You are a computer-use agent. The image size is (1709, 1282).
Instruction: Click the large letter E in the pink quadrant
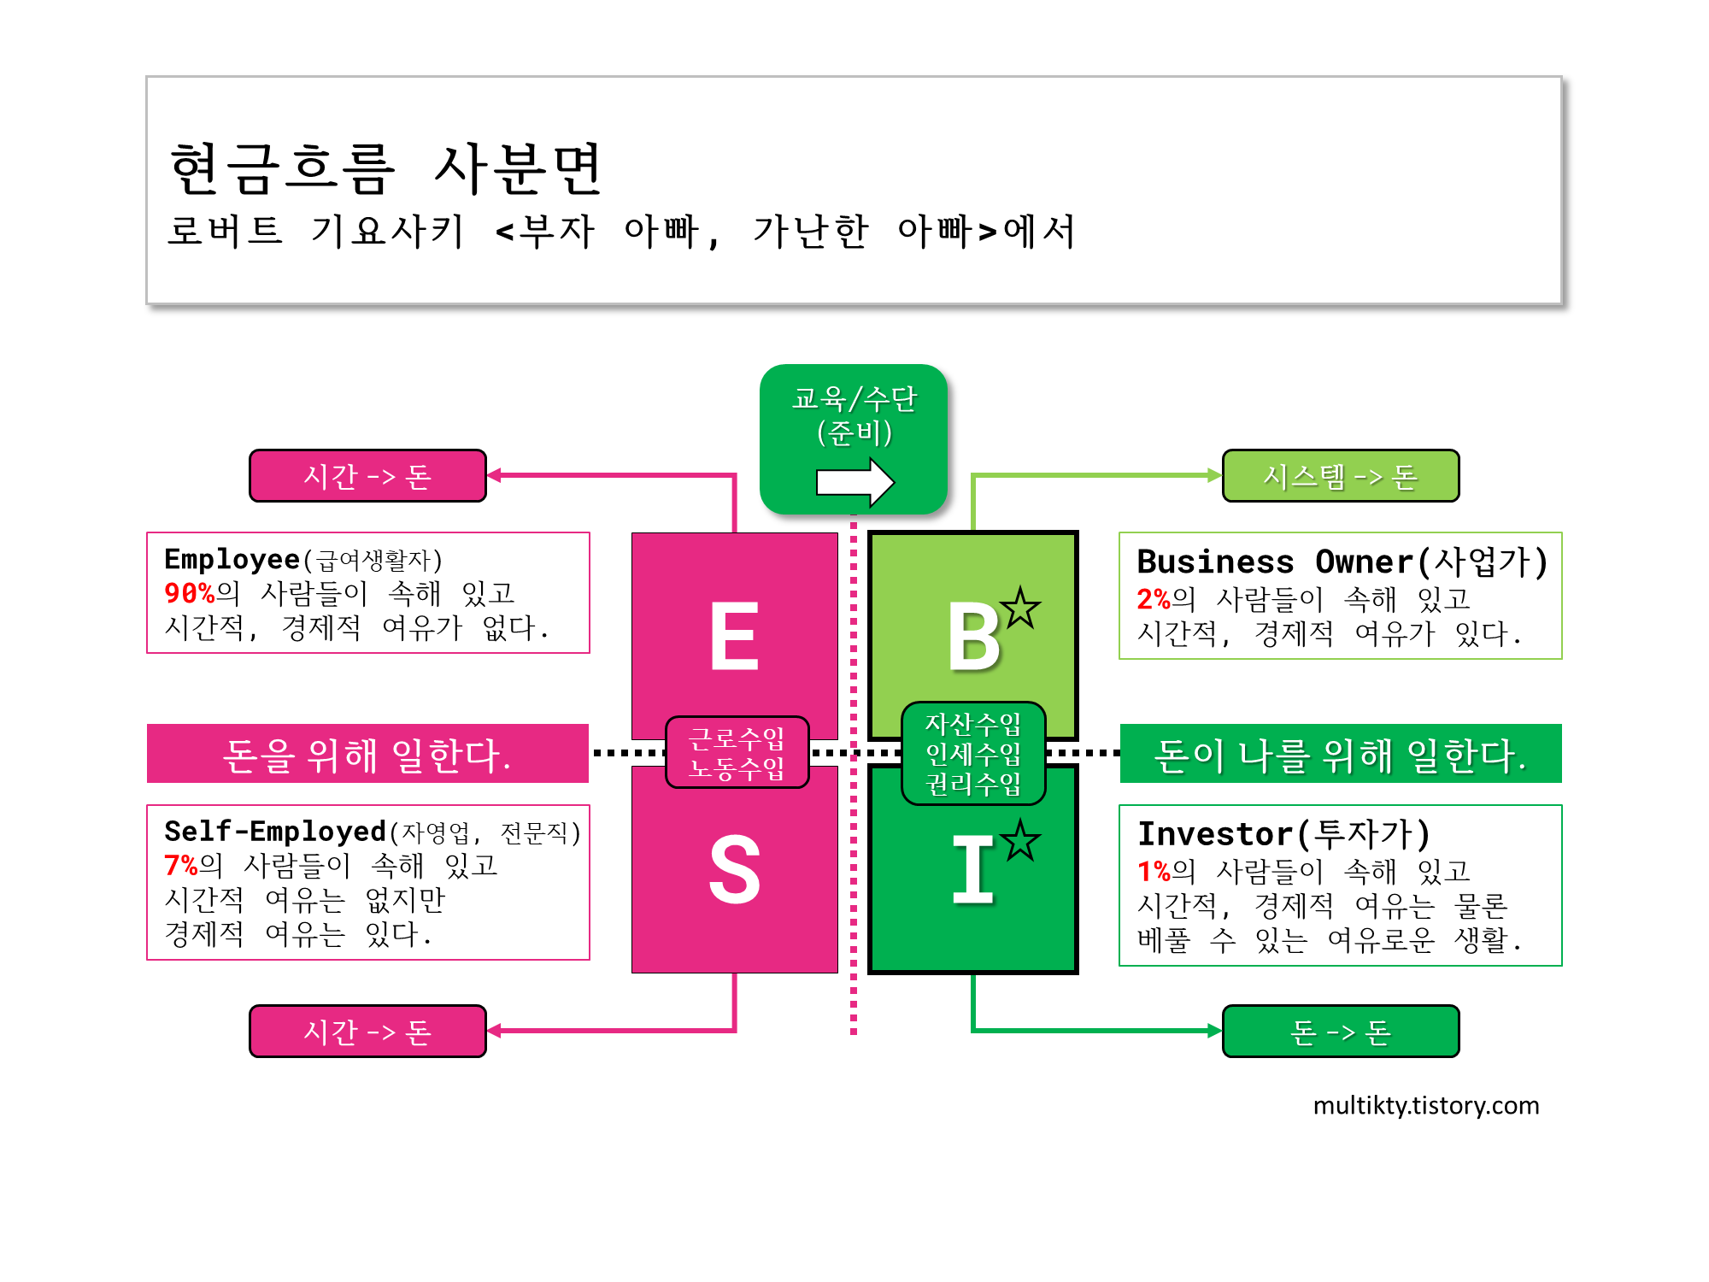[734, 636]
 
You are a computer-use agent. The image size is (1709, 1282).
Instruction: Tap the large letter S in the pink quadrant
[734, 869]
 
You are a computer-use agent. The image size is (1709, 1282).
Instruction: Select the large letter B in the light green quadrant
[973, 636]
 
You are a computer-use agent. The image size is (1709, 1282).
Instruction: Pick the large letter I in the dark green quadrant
[972, 869]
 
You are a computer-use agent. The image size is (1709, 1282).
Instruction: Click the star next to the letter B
[1020, 608]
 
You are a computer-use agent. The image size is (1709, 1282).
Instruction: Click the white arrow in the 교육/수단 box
[854, 482]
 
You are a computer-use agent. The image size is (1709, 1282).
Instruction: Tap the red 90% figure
[189, 593]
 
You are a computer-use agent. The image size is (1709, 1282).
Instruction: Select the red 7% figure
[180, 866]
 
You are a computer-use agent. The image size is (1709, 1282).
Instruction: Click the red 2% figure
[1153, 599]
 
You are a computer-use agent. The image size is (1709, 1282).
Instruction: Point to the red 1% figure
[1153, 871]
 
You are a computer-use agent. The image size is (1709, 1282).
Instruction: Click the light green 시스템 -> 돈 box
[1340, 476]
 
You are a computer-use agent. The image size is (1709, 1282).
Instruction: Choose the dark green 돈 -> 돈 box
[1340, 1032]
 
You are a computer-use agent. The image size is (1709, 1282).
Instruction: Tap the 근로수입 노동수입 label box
[737, 752]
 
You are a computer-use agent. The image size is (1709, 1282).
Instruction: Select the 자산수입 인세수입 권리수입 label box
[973, 754]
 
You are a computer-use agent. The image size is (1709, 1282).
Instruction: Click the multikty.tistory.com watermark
[1425, 1105]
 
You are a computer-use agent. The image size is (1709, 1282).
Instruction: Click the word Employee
[232, 559]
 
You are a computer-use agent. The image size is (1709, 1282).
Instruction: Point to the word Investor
[1214, 833]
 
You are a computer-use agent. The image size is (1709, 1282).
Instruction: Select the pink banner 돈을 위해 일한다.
[367, 754]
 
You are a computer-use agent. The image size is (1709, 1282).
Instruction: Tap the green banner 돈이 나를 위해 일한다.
[1340, 754]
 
